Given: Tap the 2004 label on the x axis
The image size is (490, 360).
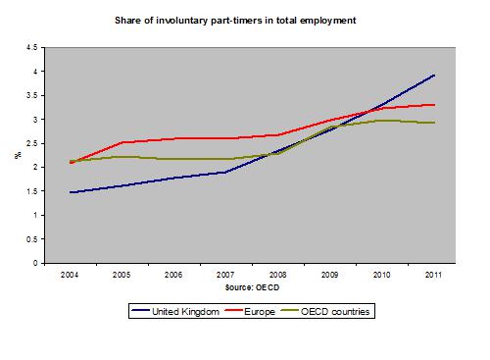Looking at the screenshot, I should tap(70, 274).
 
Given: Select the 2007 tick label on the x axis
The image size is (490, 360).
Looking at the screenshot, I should tap(225, 274).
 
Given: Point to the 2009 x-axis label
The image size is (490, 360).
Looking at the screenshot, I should tap(329, 274).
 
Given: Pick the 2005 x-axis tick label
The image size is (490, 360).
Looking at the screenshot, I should tap(122, 274).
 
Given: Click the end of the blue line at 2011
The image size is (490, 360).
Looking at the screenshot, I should tap(434, 76).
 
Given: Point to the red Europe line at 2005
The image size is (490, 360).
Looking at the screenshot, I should tap(122, 142).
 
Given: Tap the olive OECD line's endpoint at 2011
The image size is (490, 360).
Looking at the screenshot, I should tap(434, 123).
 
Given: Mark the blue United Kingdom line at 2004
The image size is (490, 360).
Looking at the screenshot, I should tap(70, 192).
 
